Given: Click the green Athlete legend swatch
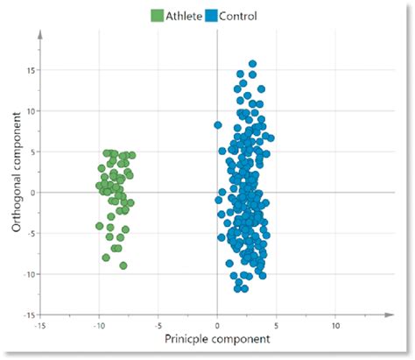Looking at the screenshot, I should pyautogui.click(x=158, y=15).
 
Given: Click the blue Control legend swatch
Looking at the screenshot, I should pyautogui.click(x=210, y=15).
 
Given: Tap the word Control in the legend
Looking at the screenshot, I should pyautogui.click(x=238, y=15).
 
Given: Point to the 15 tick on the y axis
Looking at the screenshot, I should pyautogui.click(x=29, y=70).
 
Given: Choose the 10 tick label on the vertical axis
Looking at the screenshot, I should pyautogui.click(x=29, y=111).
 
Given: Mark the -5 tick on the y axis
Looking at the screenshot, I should pyautogui.click(x=30, y=233).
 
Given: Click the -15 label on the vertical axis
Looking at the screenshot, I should pyautogui.click(x=28, y=314).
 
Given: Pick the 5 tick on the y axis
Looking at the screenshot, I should pyautogui.click(x=32, y=152).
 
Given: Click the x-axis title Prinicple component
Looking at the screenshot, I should pyautogui.click(x=218, y=338).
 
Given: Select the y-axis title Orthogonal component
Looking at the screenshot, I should pyautogui.click(x=15, y=179).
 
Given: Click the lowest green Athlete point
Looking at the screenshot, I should pyautogui.click(x=123, y=265).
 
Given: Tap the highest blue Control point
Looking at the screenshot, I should pyautogui.click(x=252, y=64).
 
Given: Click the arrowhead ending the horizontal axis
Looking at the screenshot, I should pyautogui.click(x=388, y=314).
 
